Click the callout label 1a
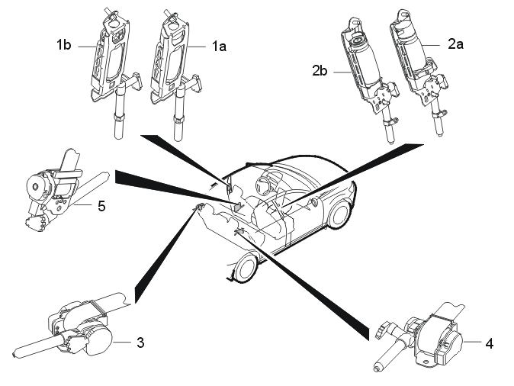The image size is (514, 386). [x=219, y=47]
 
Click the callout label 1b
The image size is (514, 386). [x=63, y=44]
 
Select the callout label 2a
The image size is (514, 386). [x=455, y=43]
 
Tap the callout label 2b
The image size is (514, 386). [x=320, y=70]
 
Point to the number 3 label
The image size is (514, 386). [x=140, y=343]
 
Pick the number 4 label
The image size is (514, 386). [x=489, y=344]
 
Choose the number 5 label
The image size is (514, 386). [x=101, y=206]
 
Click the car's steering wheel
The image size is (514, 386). [x=266, y=182]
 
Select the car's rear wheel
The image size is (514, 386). [x=246, y=267]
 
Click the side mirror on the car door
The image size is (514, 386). [x=316, y=202]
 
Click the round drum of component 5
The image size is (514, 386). [x=36, y=186]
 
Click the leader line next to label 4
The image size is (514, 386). [x=473, y=342]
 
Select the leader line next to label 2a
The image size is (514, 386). [x=431, y=45]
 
